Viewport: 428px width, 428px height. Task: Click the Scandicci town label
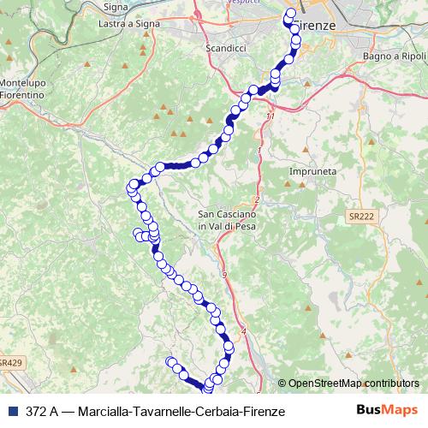(x=226, y=49)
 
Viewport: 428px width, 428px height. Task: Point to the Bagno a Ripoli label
(x=393, y=56)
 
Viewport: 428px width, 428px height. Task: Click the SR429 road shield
(x=9, y=363)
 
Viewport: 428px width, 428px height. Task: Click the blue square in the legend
(x=13, y=412)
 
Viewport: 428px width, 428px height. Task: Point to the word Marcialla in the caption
(x=104, y=412)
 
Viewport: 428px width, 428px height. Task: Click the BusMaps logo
(x=387, y=411)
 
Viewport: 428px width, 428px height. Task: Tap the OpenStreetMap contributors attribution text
(x=353, y=383)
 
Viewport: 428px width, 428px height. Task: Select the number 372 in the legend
(x=37, y=412)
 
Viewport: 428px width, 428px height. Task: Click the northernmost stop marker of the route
(x=290, y=13)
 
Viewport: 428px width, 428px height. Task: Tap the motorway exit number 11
(x=270, y=116)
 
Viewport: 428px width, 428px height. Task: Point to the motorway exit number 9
(x=224, y=274)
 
